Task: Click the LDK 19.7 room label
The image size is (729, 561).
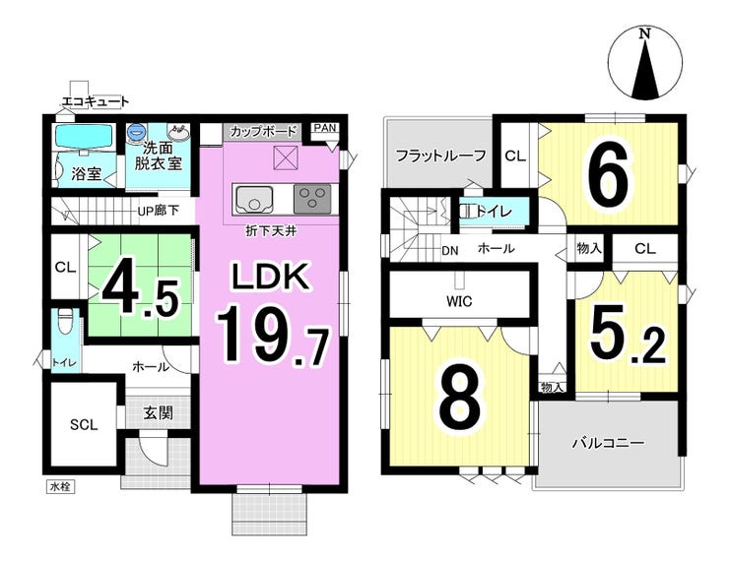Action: (272, 312)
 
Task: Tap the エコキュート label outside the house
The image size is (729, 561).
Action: (96, 101)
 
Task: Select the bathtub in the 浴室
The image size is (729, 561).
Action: (84, 136)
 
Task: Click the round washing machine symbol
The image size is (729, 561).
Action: (136, 132)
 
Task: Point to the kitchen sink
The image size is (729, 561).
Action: (254, 200)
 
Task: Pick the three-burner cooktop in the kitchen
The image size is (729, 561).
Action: (312, 199)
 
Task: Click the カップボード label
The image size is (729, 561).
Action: (263, 131)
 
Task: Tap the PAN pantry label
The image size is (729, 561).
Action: (324, 127)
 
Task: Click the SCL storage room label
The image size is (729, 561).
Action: (84, 424)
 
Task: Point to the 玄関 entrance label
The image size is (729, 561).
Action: (158, 412)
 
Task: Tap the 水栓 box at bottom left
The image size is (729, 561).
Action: (60, 487)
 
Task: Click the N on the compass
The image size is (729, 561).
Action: (644, 33)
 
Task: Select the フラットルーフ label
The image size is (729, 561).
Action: (440, 156)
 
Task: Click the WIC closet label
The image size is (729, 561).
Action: (459, 301)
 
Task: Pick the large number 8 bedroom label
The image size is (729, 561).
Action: (461, 400)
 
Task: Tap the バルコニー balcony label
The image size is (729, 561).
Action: (608, 443)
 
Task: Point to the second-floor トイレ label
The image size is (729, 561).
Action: (495, 212)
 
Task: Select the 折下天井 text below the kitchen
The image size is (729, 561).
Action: (271, 231)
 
